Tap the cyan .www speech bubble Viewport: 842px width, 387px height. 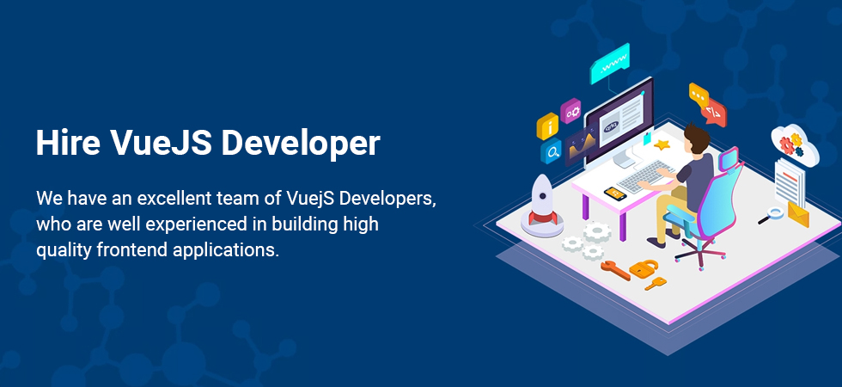pyautogui.click(x=610, y=64)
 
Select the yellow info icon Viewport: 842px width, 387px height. pyautogui.click(x=547, y=127)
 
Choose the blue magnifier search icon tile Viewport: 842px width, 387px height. pyautogui.click(x=551, y=151)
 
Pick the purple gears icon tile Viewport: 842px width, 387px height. pyautogui.click(x=570, y=111)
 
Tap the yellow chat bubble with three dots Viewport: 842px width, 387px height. pyautogui.click(x=699, y=95)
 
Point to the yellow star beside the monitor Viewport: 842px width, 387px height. pyautogui.click(x=662, y=144)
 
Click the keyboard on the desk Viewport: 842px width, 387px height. pyautogui.click(x=645, y=175)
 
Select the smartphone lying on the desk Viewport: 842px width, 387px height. pyautogui.click(x=615, y=193)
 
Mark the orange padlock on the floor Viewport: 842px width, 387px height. pyautogui.click(x=644, y=267)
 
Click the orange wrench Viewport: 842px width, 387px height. pyautogui.click(x=615, y=270)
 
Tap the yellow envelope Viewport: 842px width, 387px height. pyautogui.click(x=798, y=214)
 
